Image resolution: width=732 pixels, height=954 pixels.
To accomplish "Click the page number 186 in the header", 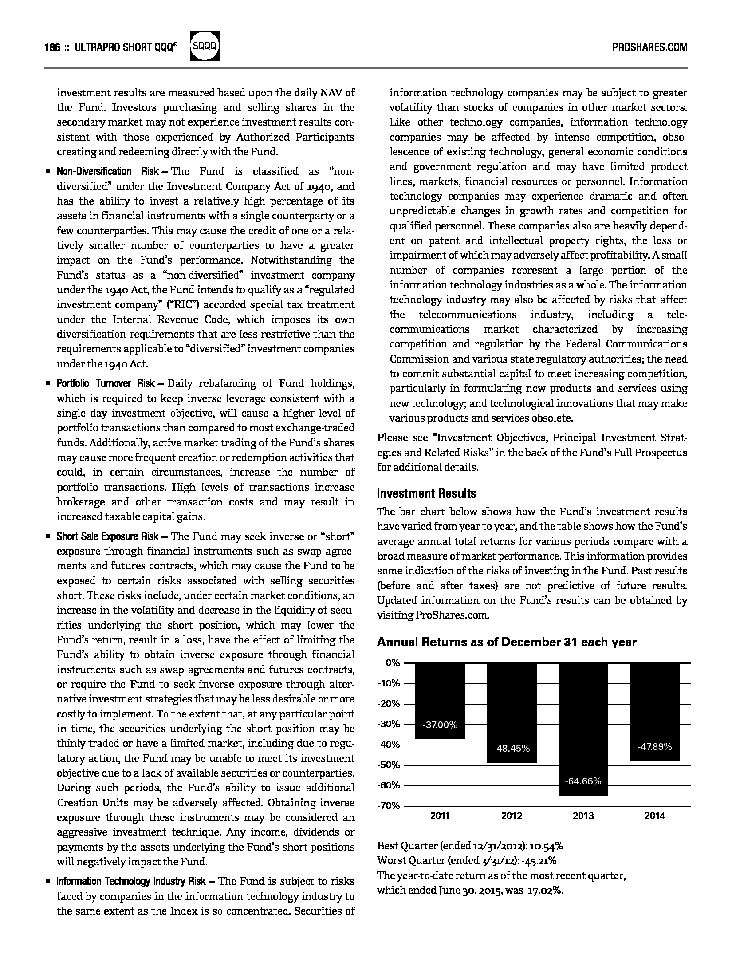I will (52, 47).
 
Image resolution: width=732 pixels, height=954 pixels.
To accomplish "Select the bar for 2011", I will (440, 701).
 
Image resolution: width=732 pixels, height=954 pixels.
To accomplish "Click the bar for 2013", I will (583, 728).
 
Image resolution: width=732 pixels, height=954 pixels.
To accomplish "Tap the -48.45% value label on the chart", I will (512, 749).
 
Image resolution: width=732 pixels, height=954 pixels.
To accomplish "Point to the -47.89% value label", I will (654, 747).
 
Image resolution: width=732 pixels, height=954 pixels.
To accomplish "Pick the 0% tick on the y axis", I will (393, 663).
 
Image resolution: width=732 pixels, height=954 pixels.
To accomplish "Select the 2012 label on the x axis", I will (512, 816).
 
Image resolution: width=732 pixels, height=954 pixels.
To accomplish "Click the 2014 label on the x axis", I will (654, 816).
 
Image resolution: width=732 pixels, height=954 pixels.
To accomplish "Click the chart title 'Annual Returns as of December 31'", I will (506, 642).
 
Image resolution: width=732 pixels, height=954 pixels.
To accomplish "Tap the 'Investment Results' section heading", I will (426, 493).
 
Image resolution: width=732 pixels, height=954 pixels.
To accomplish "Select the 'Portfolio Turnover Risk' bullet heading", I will (106, 384).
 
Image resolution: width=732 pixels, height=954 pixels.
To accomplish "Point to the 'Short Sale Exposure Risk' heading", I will (107, 536).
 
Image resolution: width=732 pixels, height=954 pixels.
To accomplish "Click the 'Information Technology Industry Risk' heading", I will (131, 881).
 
